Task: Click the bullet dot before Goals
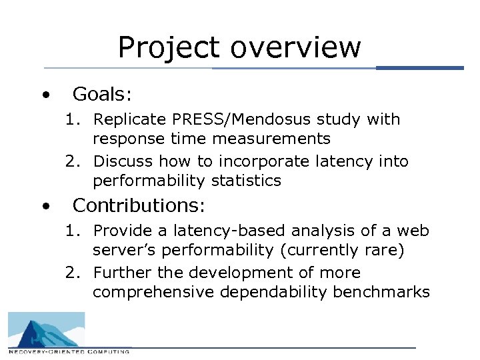pyautogui.click(x=45, y=95)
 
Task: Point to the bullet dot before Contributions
pyautogui.click(x=45, y=206)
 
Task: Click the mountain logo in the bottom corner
pyautogui.click(x=46, y=329)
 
